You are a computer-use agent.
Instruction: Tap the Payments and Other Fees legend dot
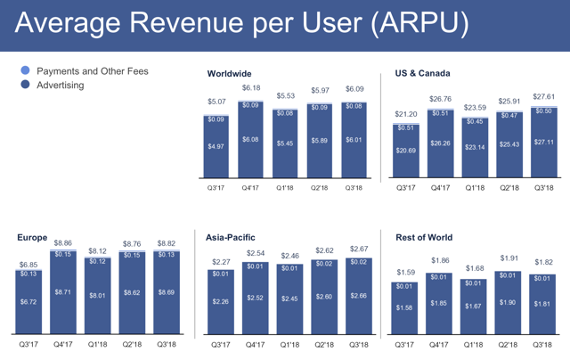(x=25, y=70)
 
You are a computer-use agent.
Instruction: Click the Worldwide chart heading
(x=229, y=73)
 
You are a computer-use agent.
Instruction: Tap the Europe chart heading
(x=32, y=238)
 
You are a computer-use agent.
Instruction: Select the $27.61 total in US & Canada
(x=543, y=94)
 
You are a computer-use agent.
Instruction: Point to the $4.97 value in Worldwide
(x=216, y=146)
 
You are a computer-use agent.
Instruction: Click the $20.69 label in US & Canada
(x=405, y=152)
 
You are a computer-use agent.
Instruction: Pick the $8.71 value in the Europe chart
(x=63, y=291)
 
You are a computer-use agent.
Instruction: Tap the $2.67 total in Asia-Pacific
(x=359, y=250)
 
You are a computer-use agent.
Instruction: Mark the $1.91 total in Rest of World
(x=509, y=258)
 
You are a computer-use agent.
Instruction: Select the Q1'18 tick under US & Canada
(x=474, y=188)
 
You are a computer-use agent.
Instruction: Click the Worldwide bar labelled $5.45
(x=286, y=143)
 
